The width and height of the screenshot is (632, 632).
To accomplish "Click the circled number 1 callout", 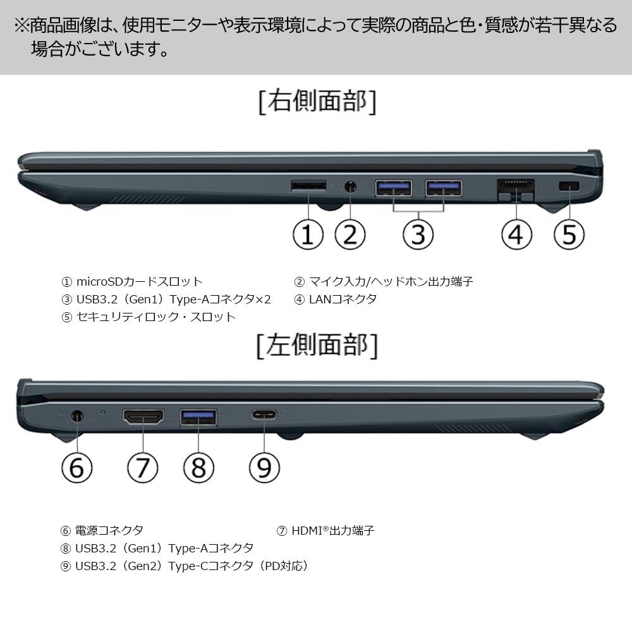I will pos(308,234).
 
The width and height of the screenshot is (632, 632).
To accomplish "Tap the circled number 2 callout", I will pos(349,234).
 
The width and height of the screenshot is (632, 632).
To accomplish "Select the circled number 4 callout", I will pos(516,234).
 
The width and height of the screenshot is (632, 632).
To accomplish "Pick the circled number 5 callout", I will pos(569,234).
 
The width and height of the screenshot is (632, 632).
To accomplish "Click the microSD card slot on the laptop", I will pos(308,186).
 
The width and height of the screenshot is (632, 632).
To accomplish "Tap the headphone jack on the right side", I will pos(351,187).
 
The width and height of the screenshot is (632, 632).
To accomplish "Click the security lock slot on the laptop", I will pos(570,186).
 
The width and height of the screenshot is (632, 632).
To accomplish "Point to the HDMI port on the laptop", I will pos(143,416).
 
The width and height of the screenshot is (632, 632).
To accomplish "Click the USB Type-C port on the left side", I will pos(264,415).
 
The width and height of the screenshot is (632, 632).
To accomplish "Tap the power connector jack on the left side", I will pos(77,416).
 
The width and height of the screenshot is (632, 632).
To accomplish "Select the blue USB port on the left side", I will pos(199,417).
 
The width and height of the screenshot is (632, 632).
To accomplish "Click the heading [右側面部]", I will pos(317,102).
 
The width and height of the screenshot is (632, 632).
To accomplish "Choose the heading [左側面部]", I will pos(317,346).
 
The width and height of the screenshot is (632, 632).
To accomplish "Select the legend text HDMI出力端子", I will pos(332,530).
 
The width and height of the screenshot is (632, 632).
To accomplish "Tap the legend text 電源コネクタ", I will pos(109,530).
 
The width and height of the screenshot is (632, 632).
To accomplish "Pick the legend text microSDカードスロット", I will pos(139,281).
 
